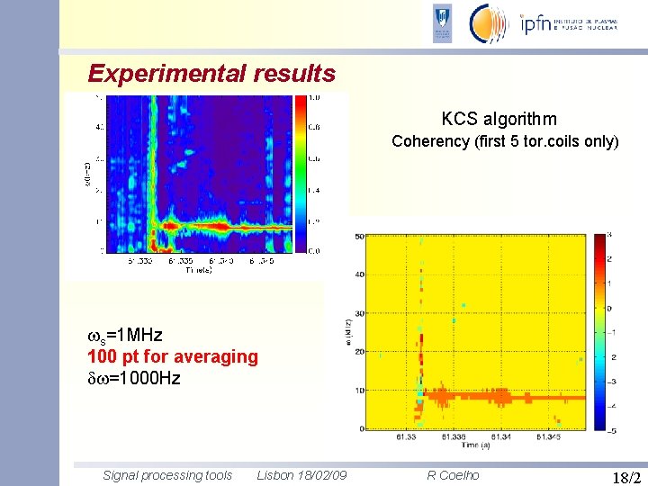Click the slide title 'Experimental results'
click(x=211, y=74)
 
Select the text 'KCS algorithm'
click(x=499, y=119)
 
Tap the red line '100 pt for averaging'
click(x=173, y=356)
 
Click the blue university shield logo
click(x=442, y=23)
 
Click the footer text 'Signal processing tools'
click(x=167, y=475)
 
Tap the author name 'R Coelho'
click(x=454, y=475)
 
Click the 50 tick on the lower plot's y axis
click(x=359, y=236)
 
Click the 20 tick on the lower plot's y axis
click(x=359, y=352)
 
